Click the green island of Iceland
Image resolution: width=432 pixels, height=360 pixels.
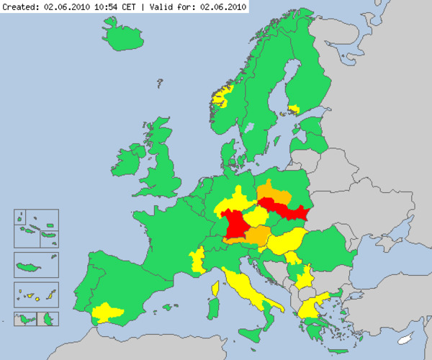[122, 32]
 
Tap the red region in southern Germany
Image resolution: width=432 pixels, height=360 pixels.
[234, 225]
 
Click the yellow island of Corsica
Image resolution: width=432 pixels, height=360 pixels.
[215, 288]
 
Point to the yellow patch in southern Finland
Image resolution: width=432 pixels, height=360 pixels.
[294, 109]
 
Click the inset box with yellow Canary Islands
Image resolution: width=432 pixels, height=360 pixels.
[36, 294]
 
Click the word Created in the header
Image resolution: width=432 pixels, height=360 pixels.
[20, 6]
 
